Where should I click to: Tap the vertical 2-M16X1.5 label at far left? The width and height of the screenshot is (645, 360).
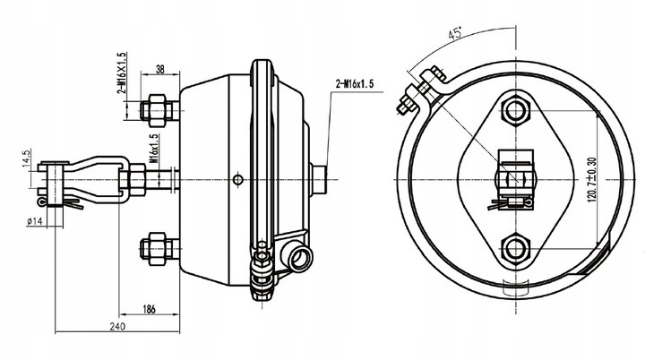click(x=120, y=73)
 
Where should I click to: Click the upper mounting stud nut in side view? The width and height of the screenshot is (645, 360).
click(x=154, y=108)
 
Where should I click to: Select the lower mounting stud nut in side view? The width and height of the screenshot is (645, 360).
click(x=154, y=247)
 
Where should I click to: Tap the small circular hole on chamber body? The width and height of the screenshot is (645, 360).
click(x=236, y=178)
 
